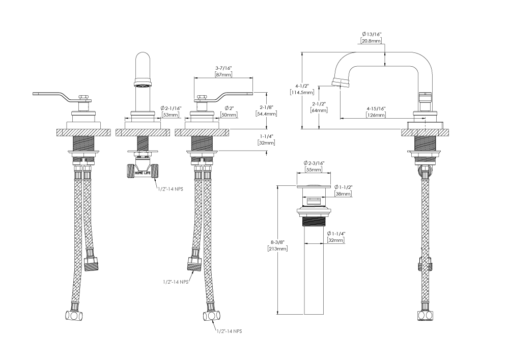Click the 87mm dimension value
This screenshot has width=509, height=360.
click(223, 75)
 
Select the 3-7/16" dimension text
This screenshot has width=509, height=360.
click(223, 68)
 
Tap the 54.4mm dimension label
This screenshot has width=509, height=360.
click(267, 114)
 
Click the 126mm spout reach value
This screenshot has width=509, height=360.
click(376, 115)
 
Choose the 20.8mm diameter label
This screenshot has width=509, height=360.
click(371, 40)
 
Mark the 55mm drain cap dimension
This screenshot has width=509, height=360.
click(314, 170)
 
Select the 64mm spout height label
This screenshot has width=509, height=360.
click(318, 110)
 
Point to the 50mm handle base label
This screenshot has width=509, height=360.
click(229, 116)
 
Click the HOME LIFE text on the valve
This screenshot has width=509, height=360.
click(142, 173)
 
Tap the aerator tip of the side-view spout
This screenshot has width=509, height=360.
click(336, 82)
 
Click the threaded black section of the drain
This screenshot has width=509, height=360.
click(314, 221)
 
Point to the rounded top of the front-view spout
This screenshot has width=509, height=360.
click(143, 56)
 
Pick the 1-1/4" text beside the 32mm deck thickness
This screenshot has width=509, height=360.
click(267, 136)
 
